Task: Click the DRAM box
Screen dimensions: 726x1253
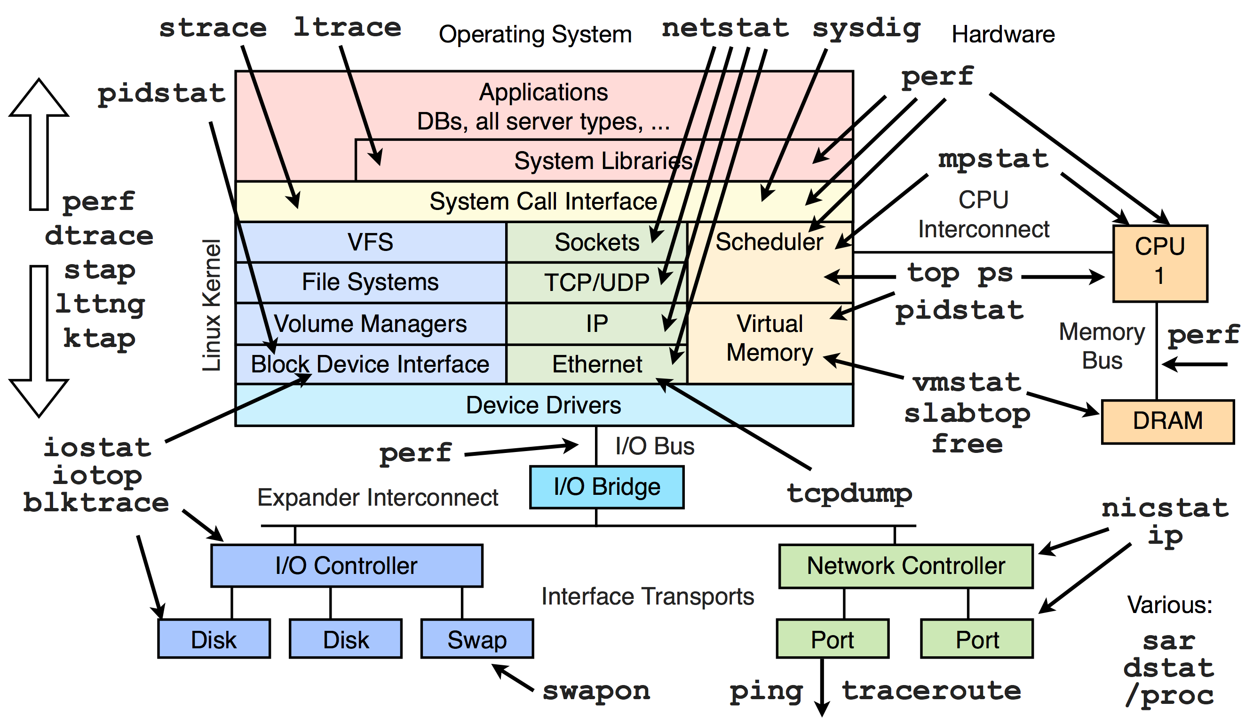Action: (1167, 421)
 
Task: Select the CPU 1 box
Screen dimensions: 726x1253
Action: (1159, 263)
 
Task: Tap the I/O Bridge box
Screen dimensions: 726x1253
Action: (607, 487)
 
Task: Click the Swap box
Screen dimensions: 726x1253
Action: (477, 639)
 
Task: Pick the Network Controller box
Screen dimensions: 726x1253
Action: (905, 566)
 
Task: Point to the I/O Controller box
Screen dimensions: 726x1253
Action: (347, 566)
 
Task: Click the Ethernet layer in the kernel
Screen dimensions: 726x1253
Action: (597, 364)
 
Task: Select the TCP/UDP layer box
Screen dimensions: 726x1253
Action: (597, 282)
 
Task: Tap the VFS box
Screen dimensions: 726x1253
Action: (371, 242)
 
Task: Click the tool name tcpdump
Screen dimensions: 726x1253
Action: (849, 494)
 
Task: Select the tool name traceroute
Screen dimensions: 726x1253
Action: (931, 691)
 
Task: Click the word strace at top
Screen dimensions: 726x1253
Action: (213, 28)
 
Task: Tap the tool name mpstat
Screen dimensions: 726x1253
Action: (993, 159)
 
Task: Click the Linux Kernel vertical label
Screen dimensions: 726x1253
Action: (211, 305)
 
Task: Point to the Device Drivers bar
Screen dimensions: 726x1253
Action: (543, 405)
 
